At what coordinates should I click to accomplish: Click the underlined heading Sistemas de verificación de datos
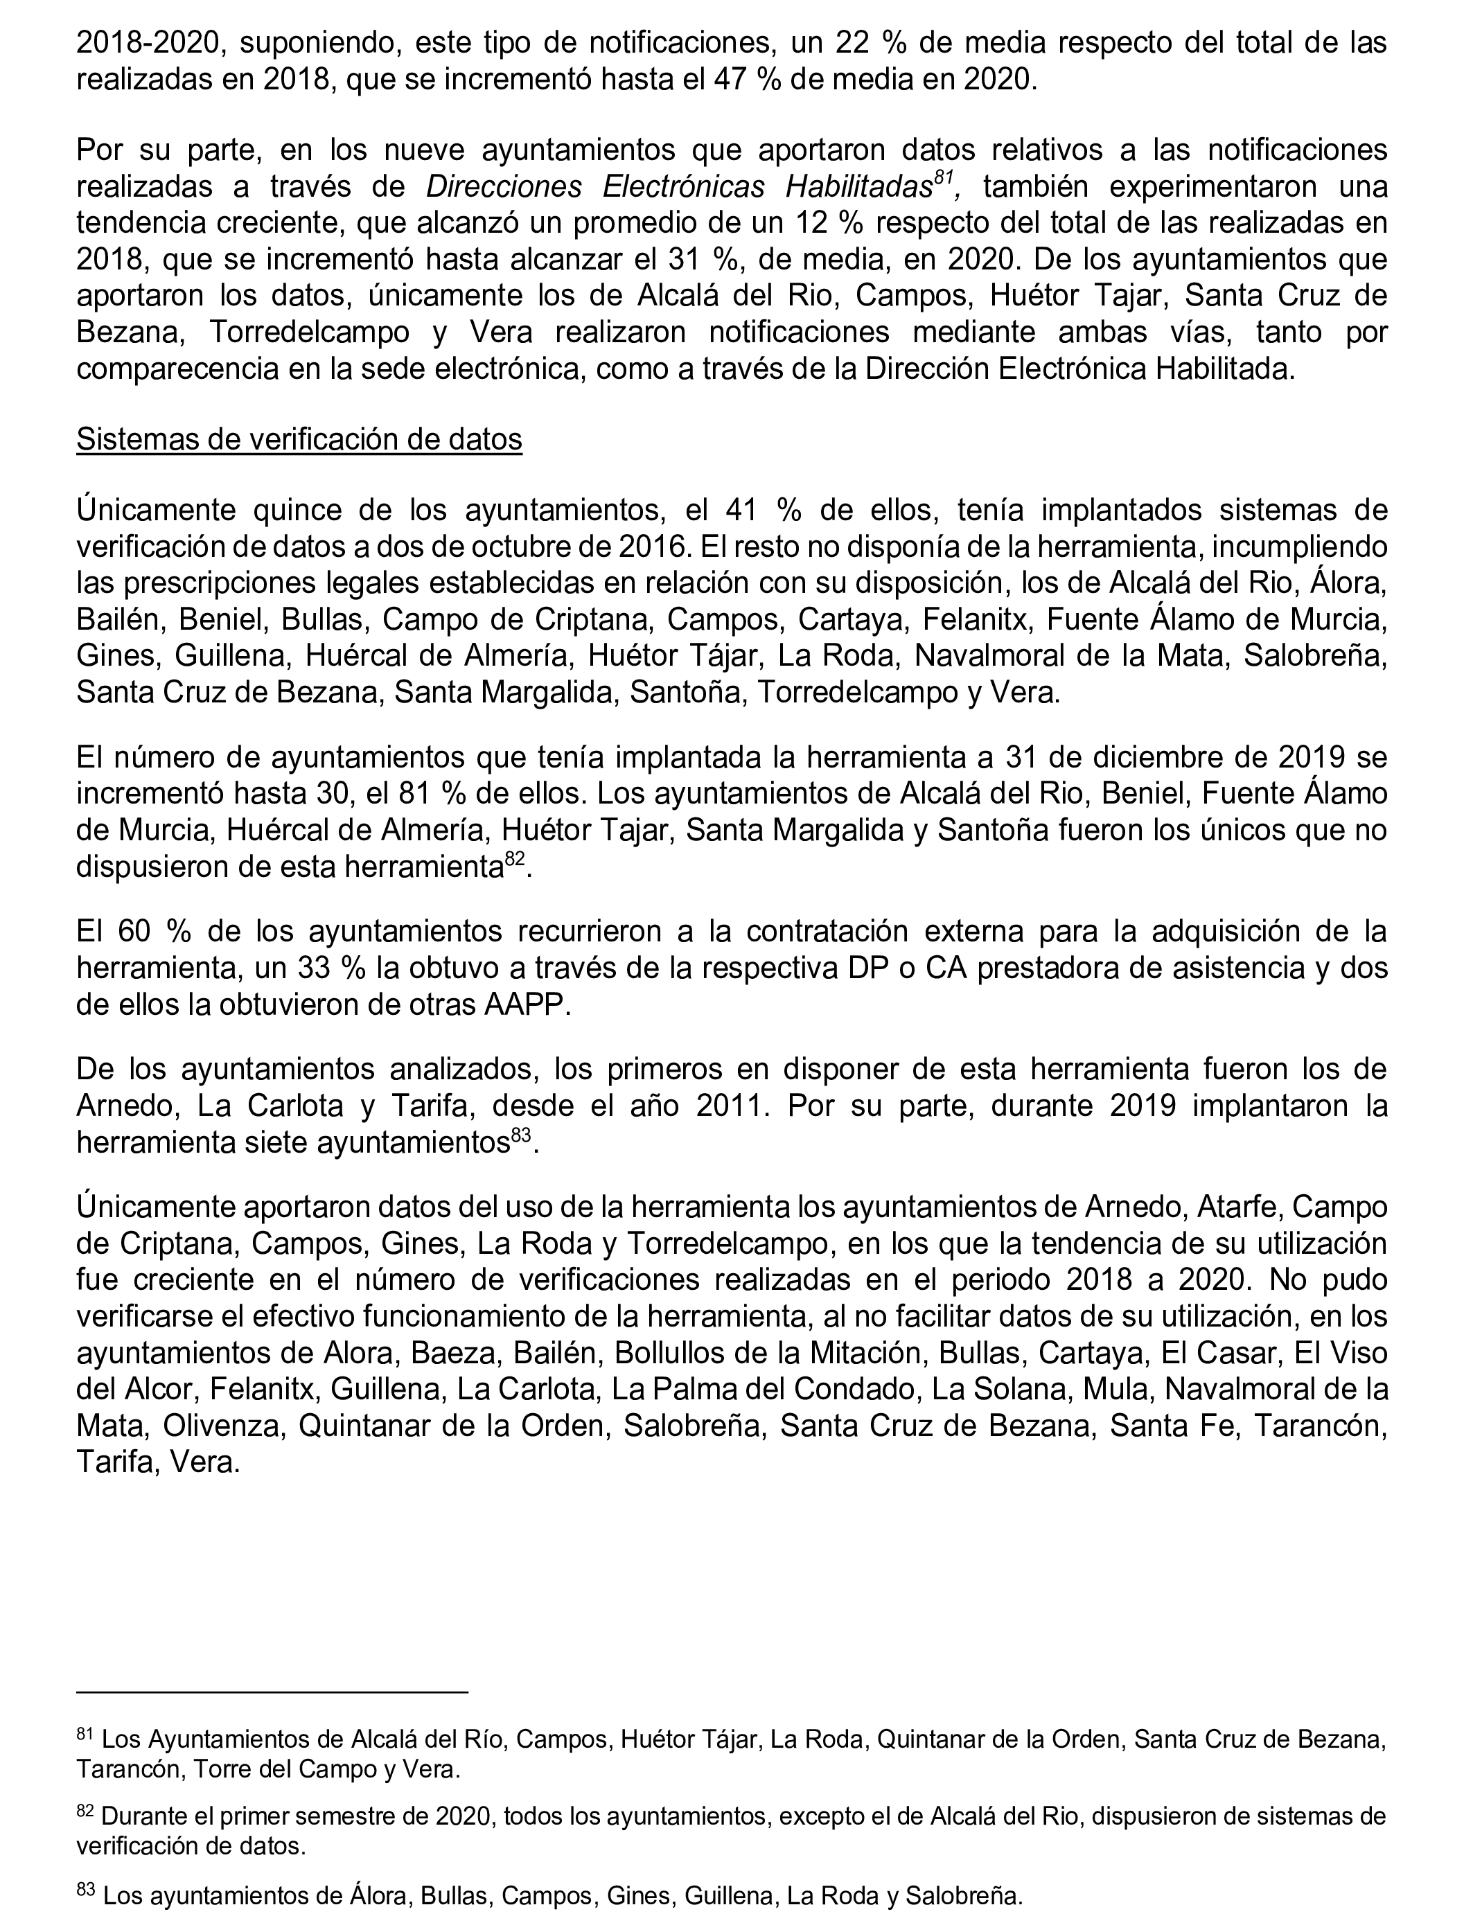point(299,439)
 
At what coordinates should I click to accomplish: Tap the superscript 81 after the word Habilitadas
point(944,177)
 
